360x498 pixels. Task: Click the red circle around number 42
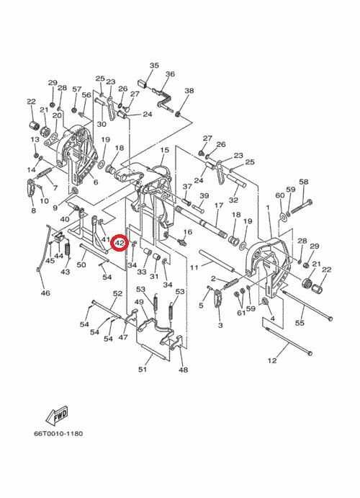coord(120,243)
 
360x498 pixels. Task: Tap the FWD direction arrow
coord(57,415)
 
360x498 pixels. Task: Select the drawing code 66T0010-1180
coord(58,433)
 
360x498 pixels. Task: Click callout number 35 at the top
coord(154,66)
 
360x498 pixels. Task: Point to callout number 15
coord(165,150)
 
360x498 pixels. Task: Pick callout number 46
coord(45,293)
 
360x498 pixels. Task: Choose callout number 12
coord(272,360)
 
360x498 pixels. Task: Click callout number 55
coord(300,323)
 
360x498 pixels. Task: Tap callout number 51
coord(143,369)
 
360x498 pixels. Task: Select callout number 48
coord(183,370)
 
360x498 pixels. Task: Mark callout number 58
coord(304,182)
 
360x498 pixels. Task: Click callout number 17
coord(219,205)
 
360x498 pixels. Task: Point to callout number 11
coord(194,268)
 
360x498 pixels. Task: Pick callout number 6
coord(96,182)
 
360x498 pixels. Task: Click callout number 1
coord(268,208)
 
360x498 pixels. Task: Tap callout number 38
coord(189,91)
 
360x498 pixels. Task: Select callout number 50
coord(81,264)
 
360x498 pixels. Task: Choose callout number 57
coord(77,89)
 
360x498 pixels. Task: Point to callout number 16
coord(188,232)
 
